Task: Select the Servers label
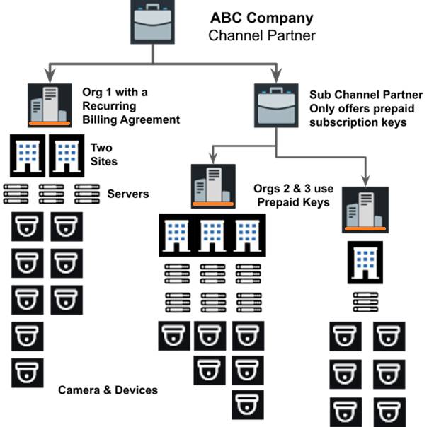pyautogui.click(x=128, y=194)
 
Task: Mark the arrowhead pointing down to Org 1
pyautogui.click(x=50, y=74)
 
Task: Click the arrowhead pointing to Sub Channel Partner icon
pyautogui.click(x=277, y=74)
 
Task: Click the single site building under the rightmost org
pyautogui.click(x=365, y=262)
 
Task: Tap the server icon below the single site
pyautogui.click(x=365, y=302)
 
